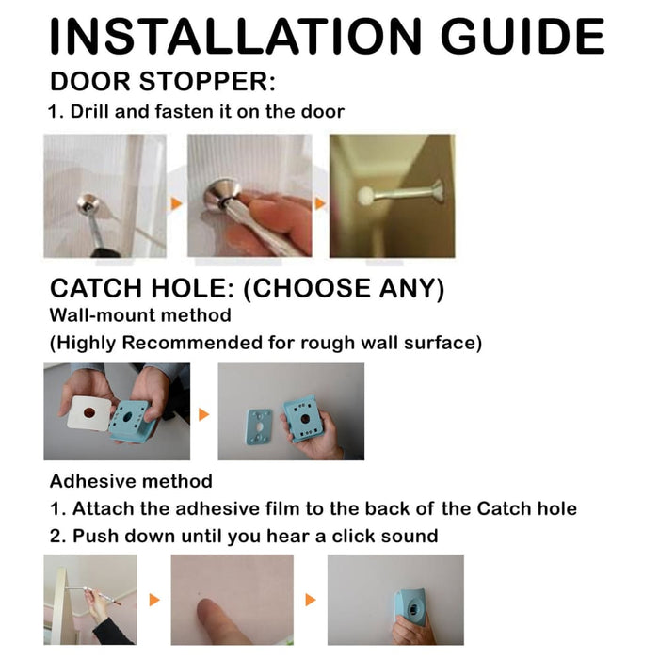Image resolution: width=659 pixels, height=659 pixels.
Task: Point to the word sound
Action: click(x=407, y=537)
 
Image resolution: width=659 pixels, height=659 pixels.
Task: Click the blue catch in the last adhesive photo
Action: click(x=411, y=603)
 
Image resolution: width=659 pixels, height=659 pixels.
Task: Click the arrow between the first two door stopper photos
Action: click(x=175, y=202)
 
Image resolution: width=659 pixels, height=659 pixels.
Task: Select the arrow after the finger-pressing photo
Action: click(x=311, y=600)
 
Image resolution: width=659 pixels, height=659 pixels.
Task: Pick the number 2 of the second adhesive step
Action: click(x=56, y=537)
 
